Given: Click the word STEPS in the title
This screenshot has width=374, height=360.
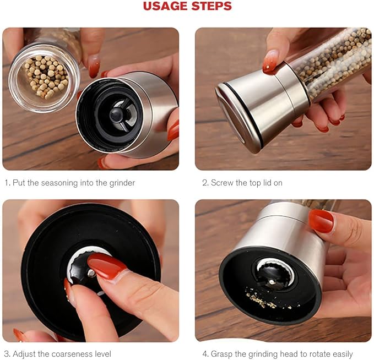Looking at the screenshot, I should coord(211,7).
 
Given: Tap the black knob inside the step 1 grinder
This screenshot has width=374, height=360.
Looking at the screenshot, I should coord(117,114).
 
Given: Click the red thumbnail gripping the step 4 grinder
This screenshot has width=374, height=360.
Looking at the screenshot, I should coord(321,220).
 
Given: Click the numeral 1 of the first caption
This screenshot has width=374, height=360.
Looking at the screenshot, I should coord(6,183).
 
